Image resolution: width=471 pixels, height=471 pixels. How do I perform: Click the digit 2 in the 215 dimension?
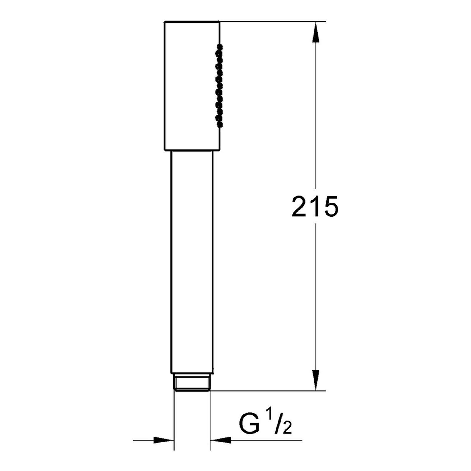[300, 207]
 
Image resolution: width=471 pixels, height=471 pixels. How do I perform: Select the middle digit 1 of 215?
[315, 207]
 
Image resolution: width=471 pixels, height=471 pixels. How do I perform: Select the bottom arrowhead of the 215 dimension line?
[316, 381]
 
